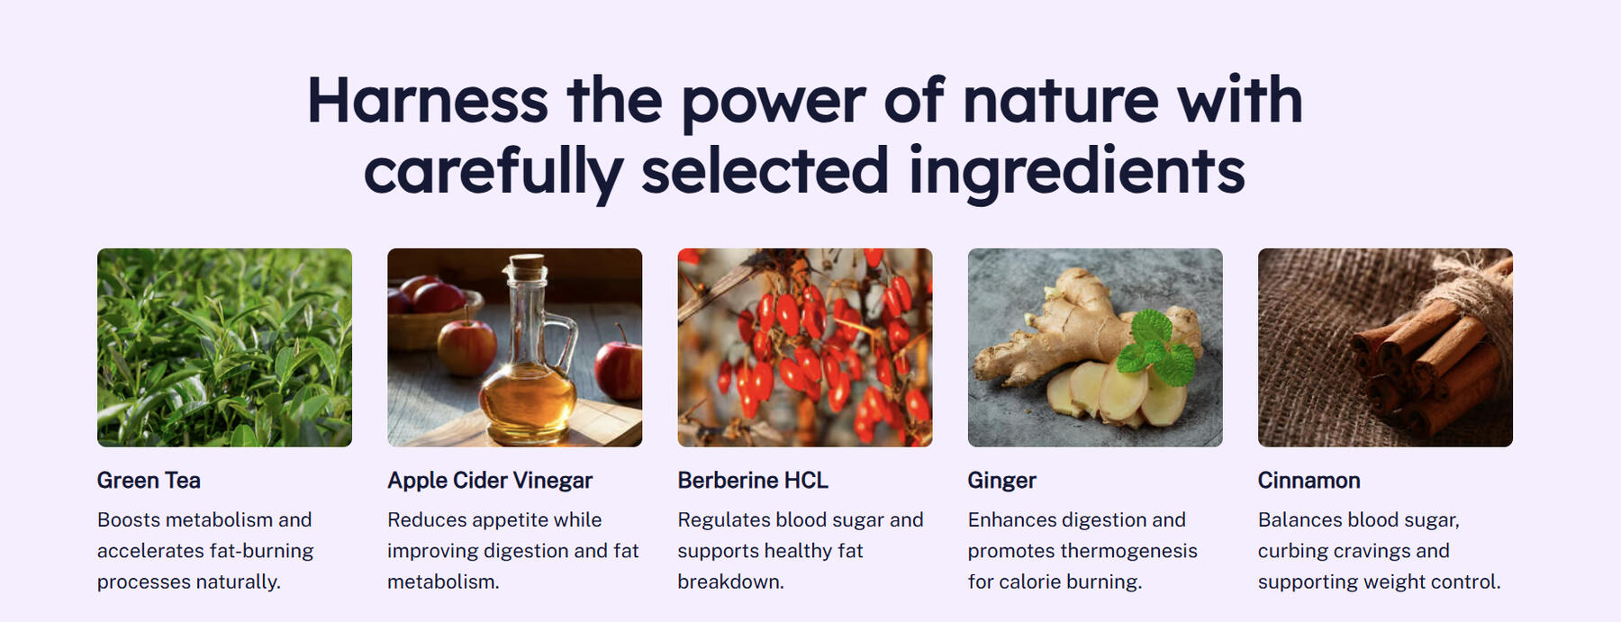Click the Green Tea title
[x=149, y=481]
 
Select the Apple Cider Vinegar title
[x=490, y=481]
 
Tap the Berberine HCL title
[x=753, y=481]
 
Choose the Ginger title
[x=1002, y=482]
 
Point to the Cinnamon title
[x=1309, y=481]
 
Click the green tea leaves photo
[x=224, y=347]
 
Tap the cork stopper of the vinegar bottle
[x=528, y=267]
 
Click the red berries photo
[x=805, y=347]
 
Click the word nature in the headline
[x=1060, y=101]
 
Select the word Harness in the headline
[x=428, y=101]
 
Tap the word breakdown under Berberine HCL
[x=730, y=581]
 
